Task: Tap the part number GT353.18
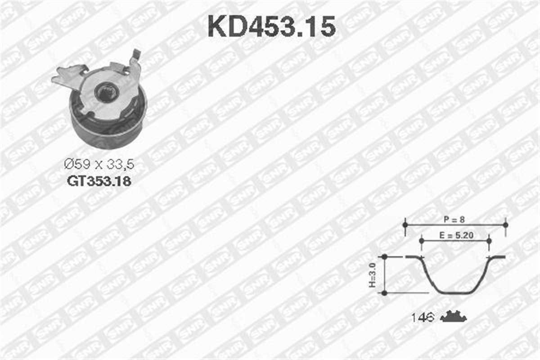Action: (x=99, y=181)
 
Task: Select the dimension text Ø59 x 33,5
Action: (x=99, y=164)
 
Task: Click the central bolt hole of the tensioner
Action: (x=106, y=93)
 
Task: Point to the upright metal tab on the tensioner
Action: (x=135, y=63)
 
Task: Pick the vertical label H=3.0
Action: (x=372, y=275)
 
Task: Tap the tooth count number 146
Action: (x=422, y=318)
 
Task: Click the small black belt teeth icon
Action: (x=453, y=317)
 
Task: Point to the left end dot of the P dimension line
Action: (x=405, y=224)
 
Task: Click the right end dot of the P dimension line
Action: (x=505, y=224)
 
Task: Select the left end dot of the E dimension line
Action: (x=421, y=241)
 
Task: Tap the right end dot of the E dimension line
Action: (x=489, y=241)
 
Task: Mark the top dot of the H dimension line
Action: (x=384, y=257)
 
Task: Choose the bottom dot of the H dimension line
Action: (x=384, y=293)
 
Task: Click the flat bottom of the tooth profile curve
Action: (x=455, y=293)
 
